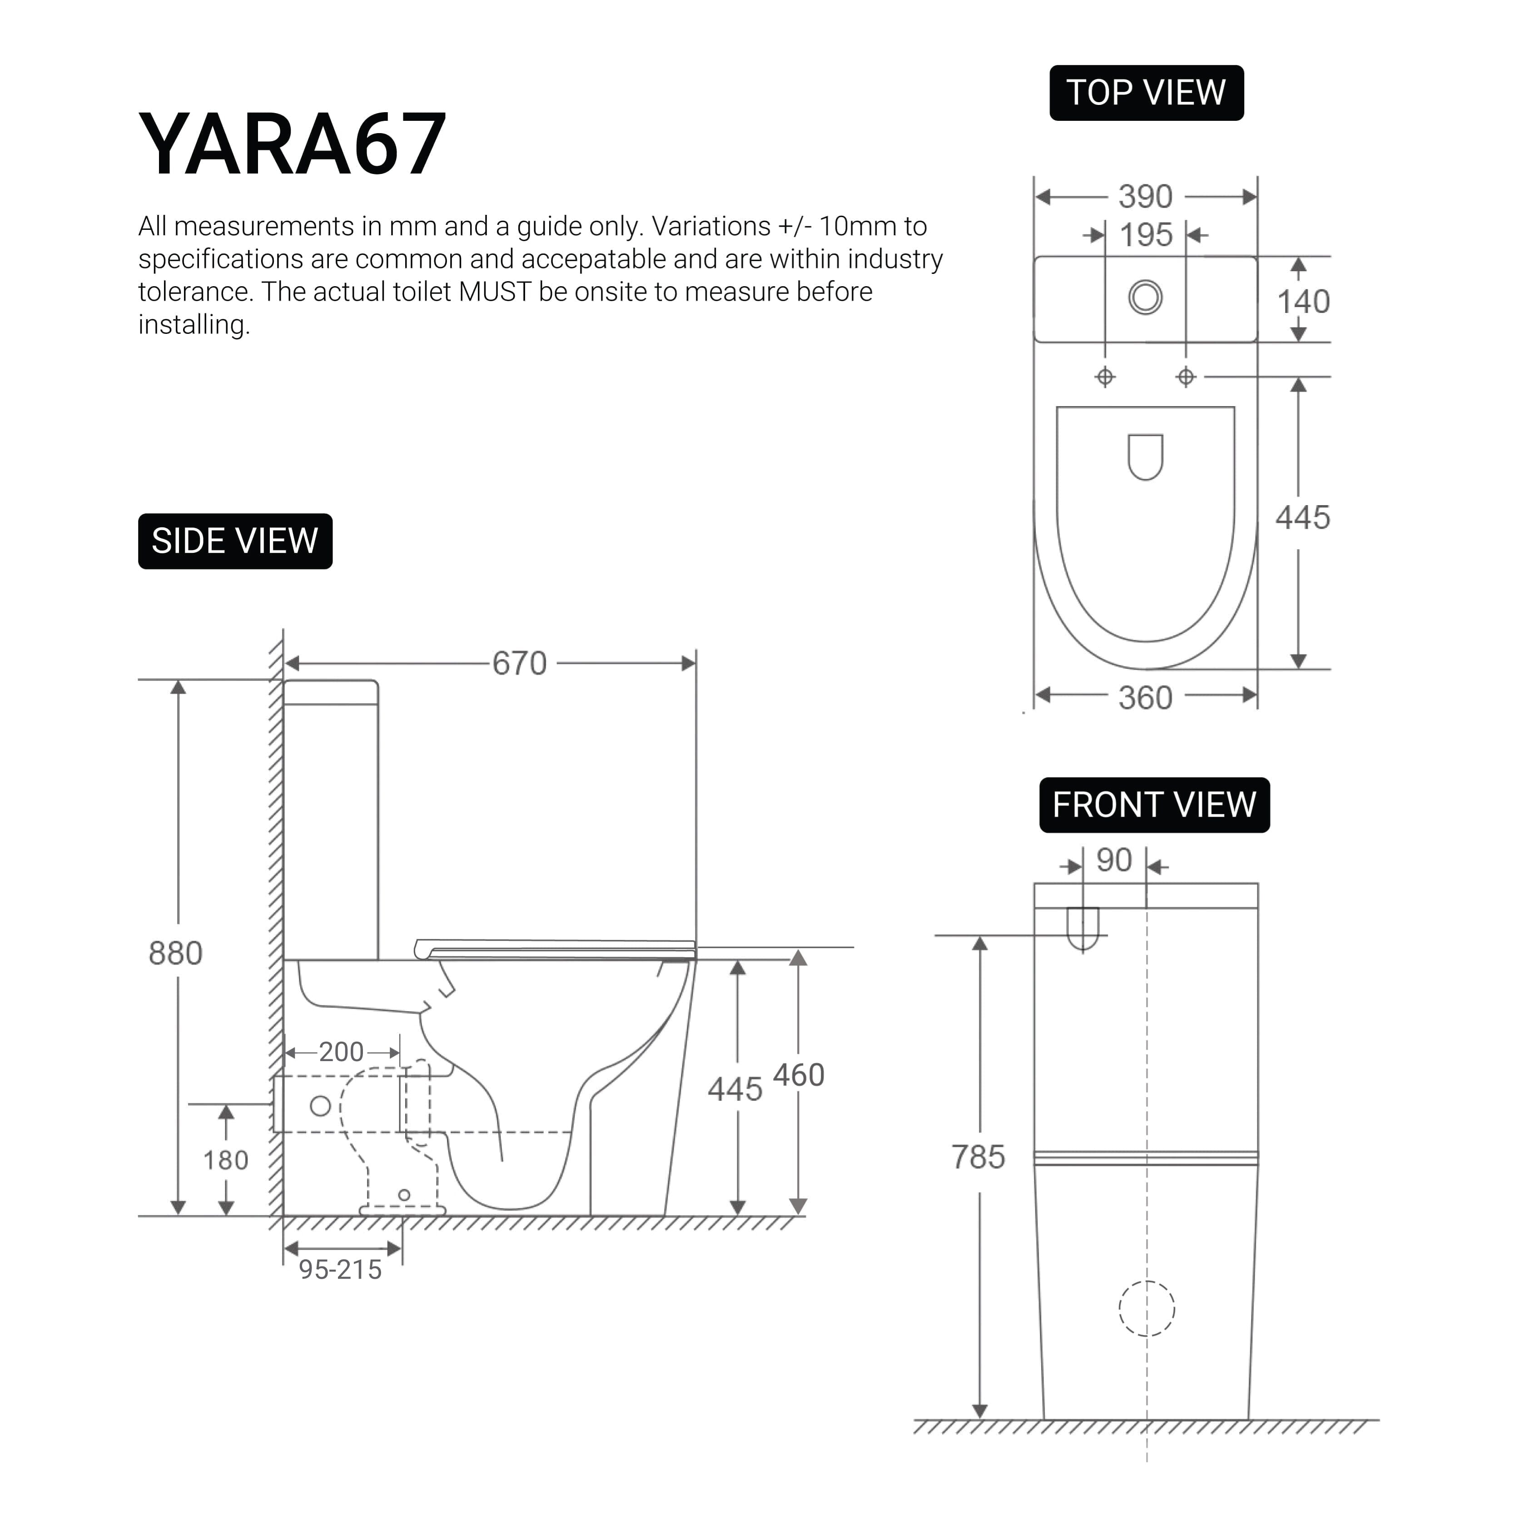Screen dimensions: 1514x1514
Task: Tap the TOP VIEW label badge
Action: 1146,93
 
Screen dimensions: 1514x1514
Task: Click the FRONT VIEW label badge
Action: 1153,805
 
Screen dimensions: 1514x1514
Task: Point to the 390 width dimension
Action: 1145,197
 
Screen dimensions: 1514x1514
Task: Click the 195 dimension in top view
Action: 1145,235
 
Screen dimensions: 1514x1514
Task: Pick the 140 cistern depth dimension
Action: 1303,302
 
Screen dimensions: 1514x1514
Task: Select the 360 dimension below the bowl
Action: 1145,697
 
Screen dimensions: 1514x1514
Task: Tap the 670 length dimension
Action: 519,664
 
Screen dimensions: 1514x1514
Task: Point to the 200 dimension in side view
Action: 341,1052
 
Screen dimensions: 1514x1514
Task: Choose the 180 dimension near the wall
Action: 226,1160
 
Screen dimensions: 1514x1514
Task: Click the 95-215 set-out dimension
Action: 340,1270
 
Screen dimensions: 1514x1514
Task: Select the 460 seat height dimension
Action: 799,1075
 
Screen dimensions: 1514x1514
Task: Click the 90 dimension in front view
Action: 1113,860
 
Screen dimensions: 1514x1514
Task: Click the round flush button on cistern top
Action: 1145,298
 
